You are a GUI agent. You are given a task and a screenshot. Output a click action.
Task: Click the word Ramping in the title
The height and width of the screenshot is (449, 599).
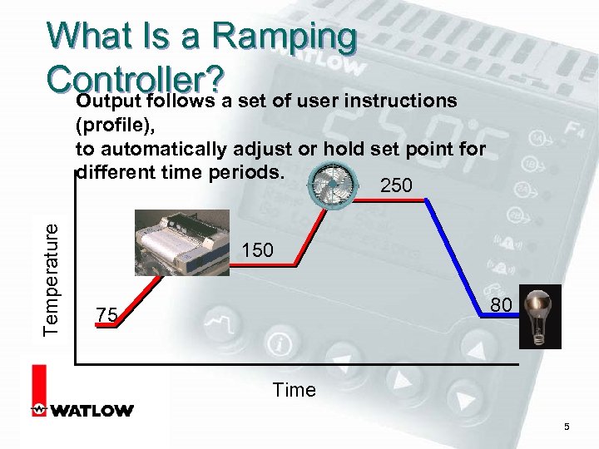point(284,37)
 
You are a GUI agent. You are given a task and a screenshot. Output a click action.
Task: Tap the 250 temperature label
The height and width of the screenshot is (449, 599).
point(395,186)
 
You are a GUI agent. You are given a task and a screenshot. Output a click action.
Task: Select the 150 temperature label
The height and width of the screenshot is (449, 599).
point(258,249)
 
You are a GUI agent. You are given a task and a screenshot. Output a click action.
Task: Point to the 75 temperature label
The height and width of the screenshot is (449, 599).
point(106,314)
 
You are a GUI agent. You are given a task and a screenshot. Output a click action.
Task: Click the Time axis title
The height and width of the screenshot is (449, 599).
point(295,389)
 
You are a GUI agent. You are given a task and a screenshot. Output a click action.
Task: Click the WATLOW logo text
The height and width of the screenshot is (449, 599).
point(92,410)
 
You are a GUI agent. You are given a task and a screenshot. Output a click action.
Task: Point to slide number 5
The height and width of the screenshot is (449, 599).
point(567,427)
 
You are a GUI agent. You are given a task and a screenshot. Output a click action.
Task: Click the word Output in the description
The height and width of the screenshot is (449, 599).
point(107,101)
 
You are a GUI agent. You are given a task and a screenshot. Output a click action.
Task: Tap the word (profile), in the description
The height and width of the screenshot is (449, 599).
point(109,126)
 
